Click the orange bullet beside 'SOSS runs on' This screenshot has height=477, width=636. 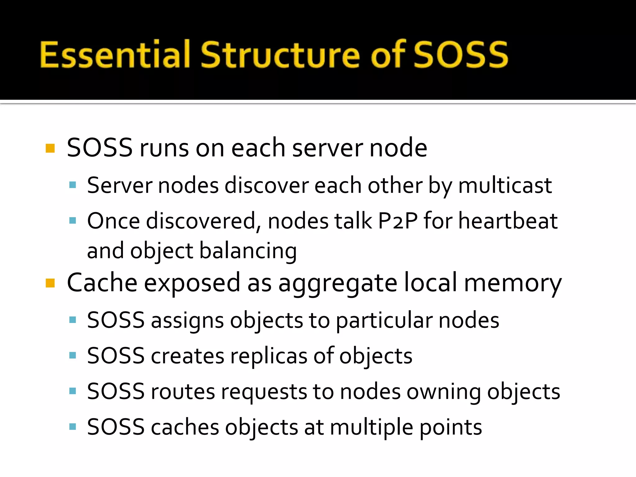tap(50, 148)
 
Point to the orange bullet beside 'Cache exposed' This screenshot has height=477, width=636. tap(50, 283)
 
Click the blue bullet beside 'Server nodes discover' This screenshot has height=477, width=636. tap(73, 185)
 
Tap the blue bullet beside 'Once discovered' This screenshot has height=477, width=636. tap(73, 221)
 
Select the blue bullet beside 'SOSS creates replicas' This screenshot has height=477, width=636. tap(73, 355)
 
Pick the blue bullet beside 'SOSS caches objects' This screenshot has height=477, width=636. tap(73, 426)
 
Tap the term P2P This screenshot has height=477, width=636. tap(398, 221)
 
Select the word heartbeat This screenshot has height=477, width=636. tap(508, 221)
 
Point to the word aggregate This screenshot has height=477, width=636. tap(338, 283)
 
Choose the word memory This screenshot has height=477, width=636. tap(513, 283)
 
